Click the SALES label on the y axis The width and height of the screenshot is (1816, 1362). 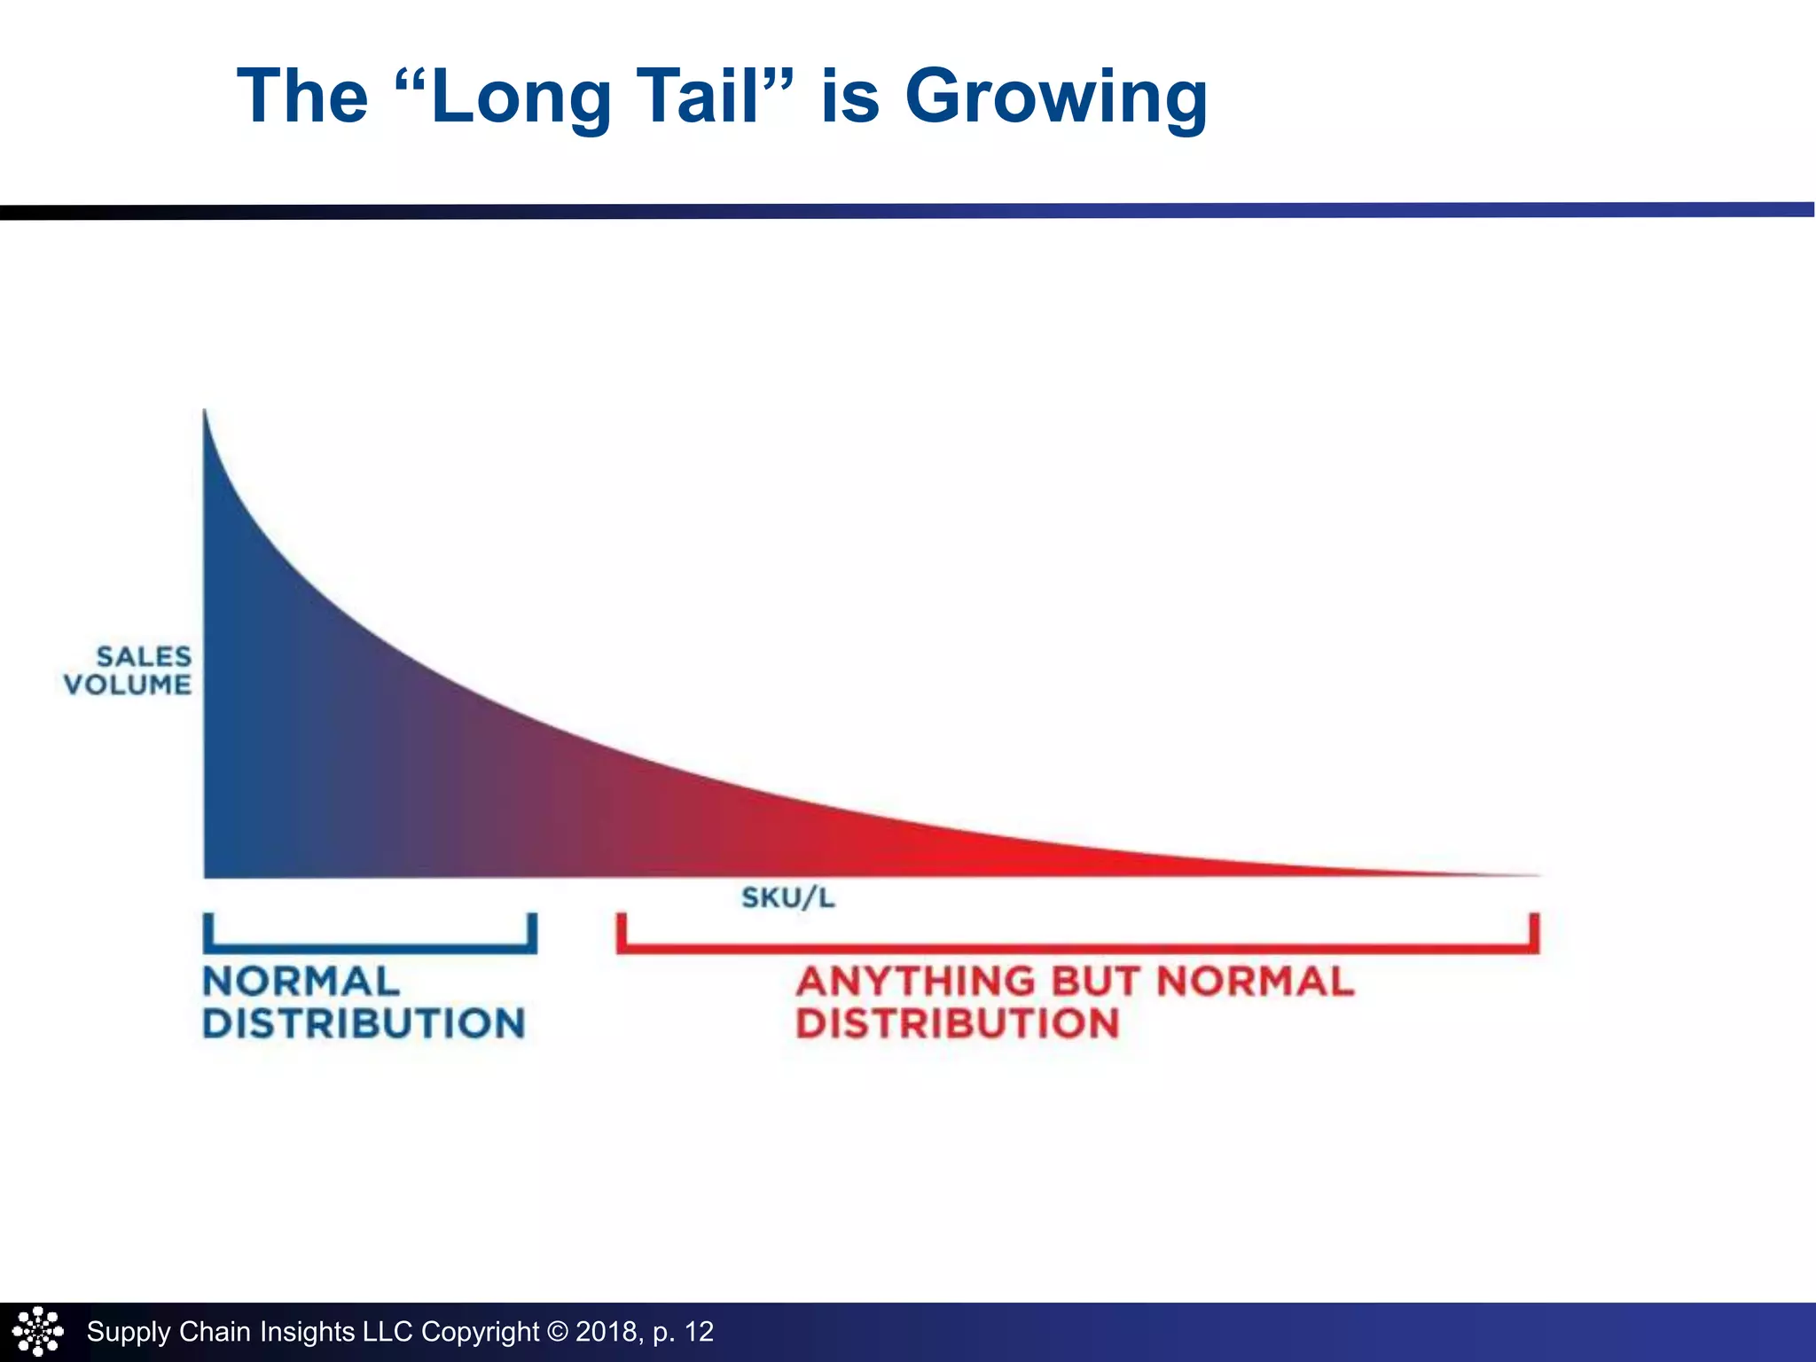coord(144,656)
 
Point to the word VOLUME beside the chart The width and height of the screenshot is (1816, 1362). coord(128,685)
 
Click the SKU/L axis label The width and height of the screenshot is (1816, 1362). coord(787,898)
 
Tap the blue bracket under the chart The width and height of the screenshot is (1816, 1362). coord(370,947)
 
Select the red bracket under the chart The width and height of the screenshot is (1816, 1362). coord(1077,947)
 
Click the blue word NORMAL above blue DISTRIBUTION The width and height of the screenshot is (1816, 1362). coord(301,982)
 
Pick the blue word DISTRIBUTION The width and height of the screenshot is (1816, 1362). coord(364,1023)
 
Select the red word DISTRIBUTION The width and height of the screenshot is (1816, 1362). coord(958,1023)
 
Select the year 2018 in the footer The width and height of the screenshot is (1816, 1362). coord(606,1332)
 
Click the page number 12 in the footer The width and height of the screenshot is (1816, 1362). coord(699,1332)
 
